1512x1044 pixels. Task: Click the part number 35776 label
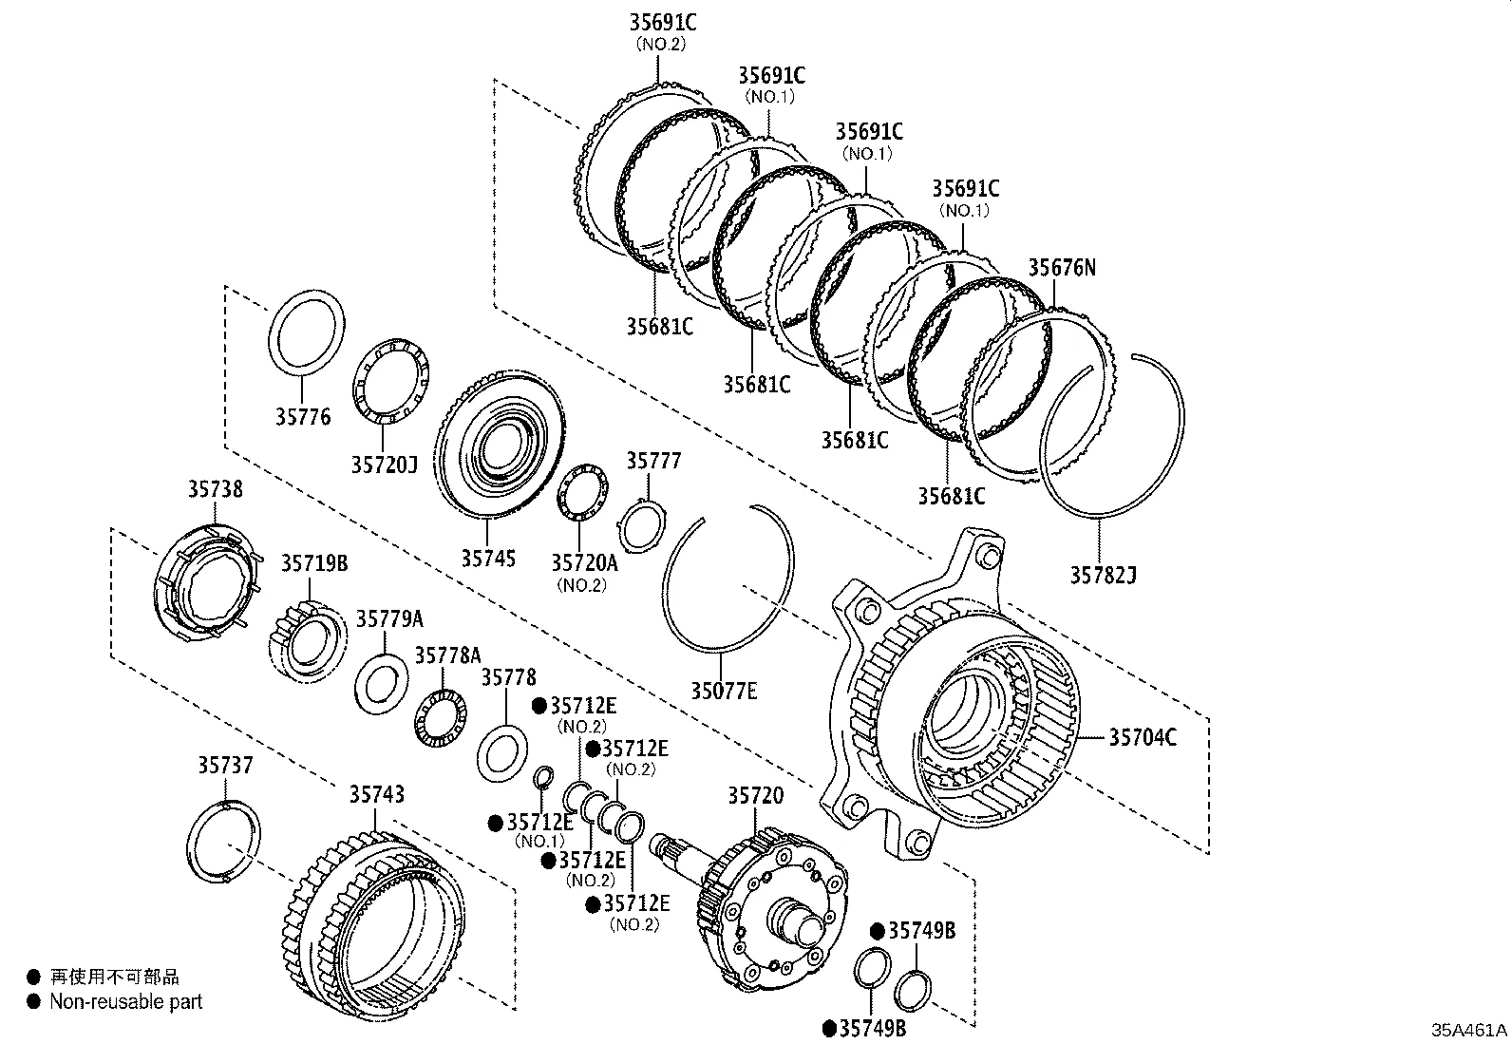tap(303, 417)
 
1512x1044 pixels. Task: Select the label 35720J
tap(384, 465)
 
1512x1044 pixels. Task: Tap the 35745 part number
tap(488, 558)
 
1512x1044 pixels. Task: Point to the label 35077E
tap(723, 691)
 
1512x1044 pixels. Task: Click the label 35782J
tap(1103, 575)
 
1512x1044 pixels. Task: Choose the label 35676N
tap(1061, 268)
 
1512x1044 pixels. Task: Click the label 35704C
tap(1143, 736)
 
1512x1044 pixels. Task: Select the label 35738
tap(214, 489)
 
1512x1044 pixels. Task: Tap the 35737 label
tap(226, 765)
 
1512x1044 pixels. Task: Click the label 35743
tap(376, 794)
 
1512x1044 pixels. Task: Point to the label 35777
tap(653, 461)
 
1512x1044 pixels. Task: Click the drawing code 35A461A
tap(1469, 1031)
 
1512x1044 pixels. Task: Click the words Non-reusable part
tap(126, 1001)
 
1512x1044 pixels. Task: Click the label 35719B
tap(313, 563)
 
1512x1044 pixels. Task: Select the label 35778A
tap(447, 655)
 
